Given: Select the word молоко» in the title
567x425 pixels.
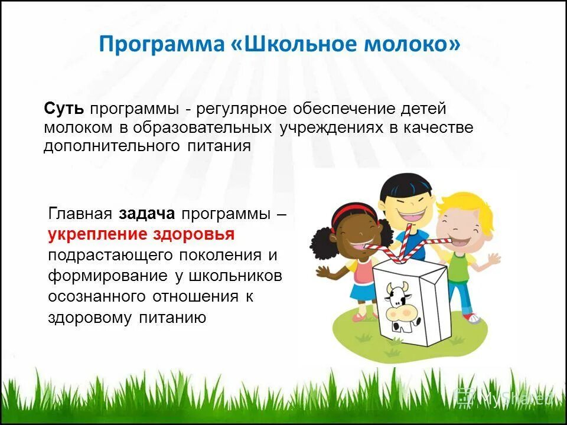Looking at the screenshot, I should point(416,45).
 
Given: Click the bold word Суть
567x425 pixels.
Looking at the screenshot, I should point(64,109).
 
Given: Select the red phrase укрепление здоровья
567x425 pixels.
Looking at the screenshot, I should point(142,234).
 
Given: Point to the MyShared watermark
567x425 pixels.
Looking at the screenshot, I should point(505,398).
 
